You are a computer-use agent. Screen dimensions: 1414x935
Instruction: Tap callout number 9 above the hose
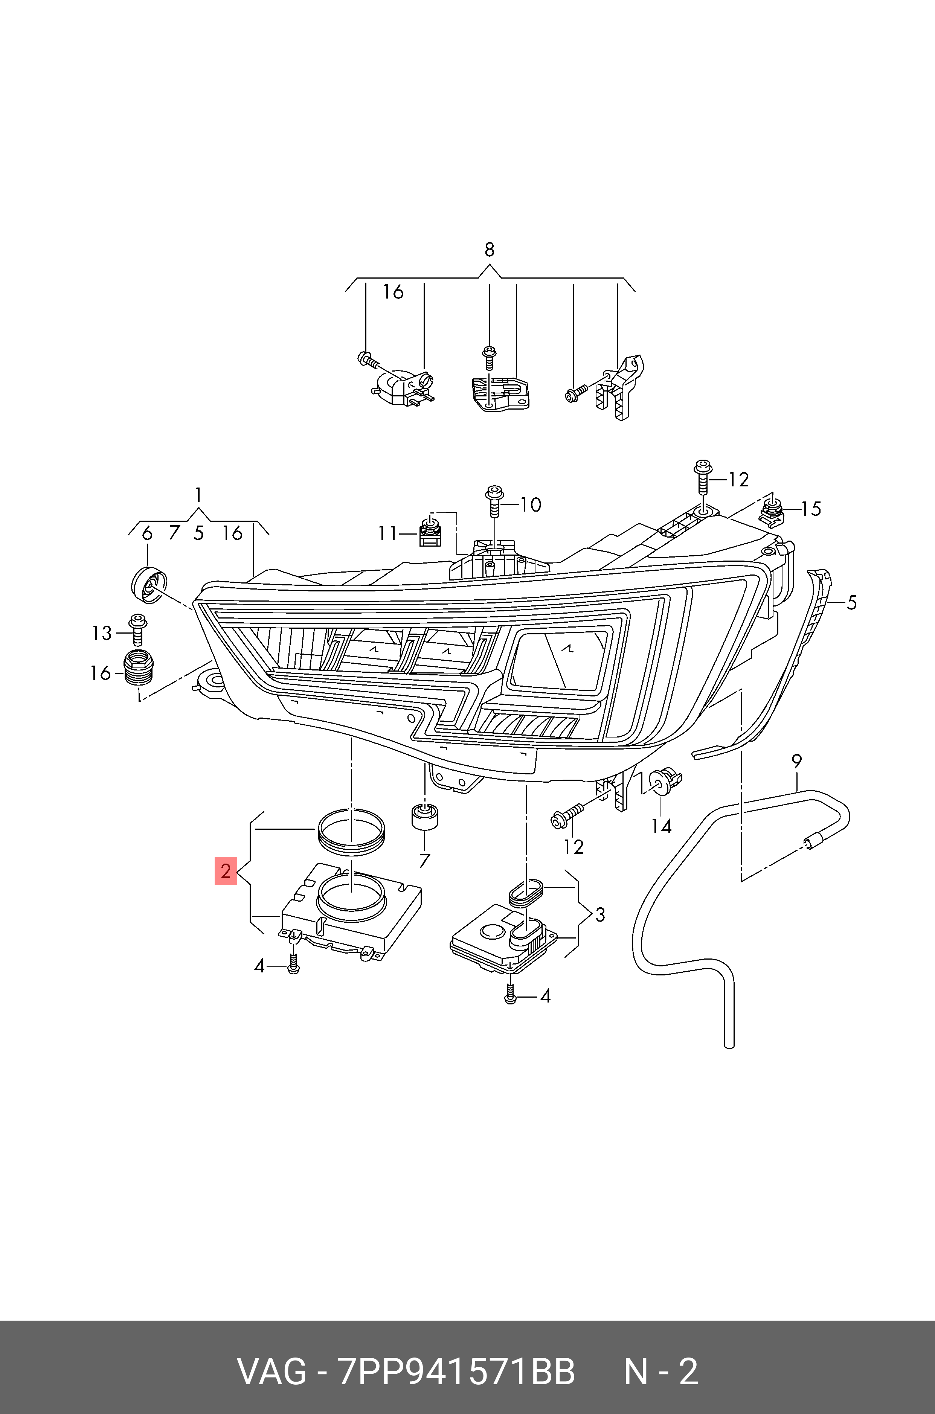click(797, 761)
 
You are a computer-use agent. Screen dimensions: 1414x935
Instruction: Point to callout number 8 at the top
click(489, 249)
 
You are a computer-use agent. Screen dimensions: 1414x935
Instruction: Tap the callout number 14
click(661, 826)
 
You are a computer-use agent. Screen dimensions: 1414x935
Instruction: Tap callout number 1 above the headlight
click(198, 495)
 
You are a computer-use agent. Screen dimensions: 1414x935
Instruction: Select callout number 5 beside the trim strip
click(851, 603)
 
